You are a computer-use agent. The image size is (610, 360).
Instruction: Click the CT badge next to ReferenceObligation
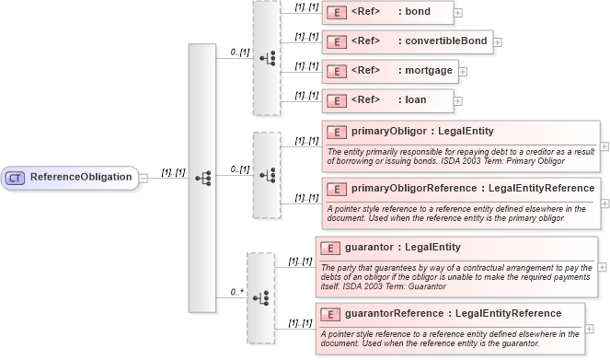point(16,177)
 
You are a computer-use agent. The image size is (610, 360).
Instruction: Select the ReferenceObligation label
point(81,177)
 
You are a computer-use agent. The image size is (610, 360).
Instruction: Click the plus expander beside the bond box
point(458,14)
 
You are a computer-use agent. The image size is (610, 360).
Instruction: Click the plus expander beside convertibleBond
point(498,41)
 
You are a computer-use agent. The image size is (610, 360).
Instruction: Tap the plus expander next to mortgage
point(463,71)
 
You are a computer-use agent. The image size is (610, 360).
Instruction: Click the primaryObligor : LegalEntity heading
point(422,132)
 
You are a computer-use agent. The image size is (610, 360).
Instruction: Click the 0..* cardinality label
point(236,292)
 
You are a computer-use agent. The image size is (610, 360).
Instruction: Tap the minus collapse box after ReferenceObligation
point(144,178)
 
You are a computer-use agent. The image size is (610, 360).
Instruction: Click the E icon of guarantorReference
point(329,314)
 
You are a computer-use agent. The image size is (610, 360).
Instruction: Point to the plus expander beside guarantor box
point(604,265)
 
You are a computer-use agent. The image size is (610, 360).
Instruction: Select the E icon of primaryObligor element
point(336,132)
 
